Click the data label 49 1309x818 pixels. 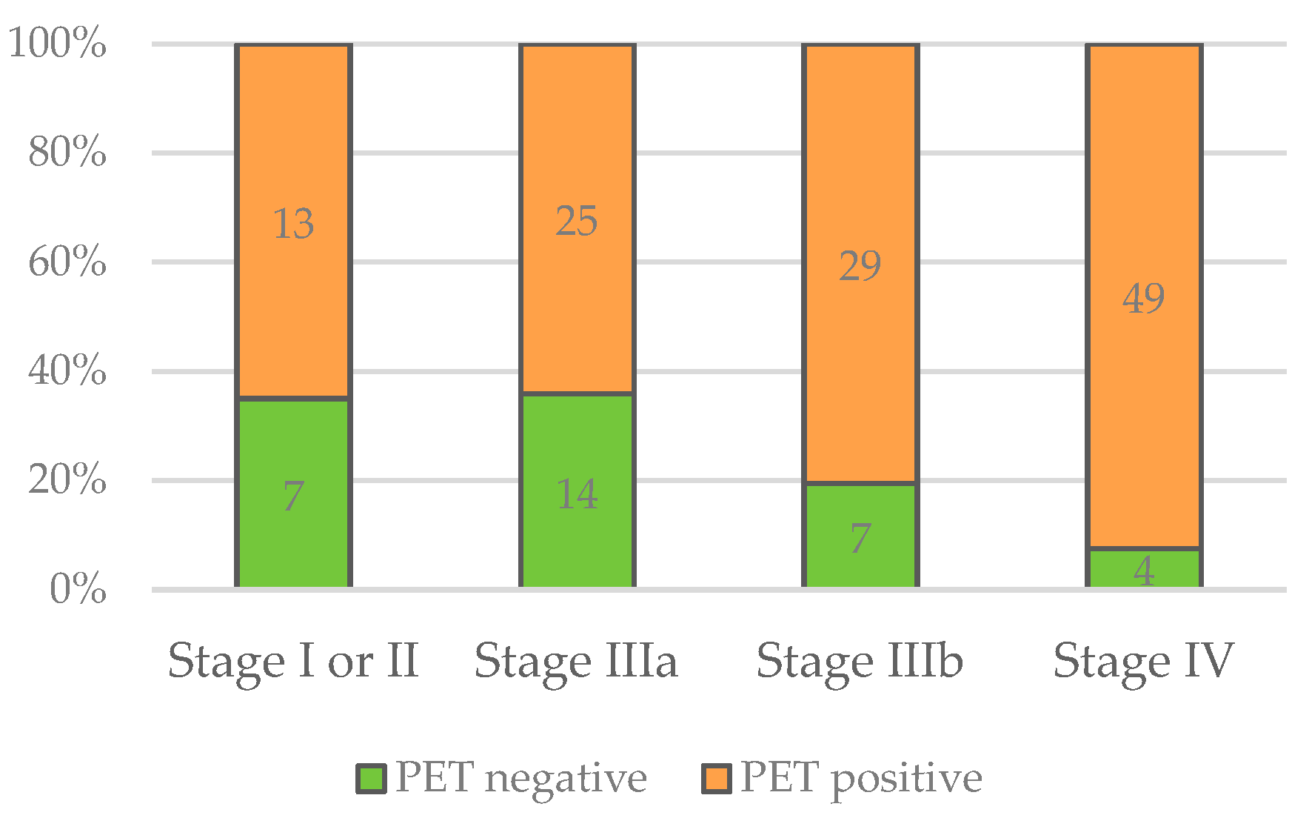tap(1143, 299)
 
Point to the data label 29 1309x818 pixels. tap(860, 266)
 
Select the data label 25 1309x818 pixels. tap(576, 222)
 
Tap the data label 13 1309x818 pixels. tap(293, 224)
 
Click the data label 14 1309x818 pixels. tap(576, 494)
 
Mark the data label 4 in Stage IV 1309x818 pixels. tap(1144, 571)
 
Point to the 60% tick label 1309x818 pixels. tap(67, 262)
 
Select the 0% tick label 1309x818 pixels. tap(78, 590)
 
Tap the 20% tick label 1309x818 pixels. tap(67, 480)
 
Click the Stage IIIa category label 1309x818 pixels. tap(576, 661)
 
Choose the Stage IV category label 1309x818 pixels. tap(1143, 661)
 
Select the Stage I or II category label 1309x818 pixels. tap(293, 661)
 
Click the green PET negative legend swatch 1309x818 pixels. tap(371, 779)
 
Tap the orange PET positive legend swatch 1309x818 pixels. tap(717, 779)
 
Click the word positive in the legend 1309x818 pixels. tap(906, 779)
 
